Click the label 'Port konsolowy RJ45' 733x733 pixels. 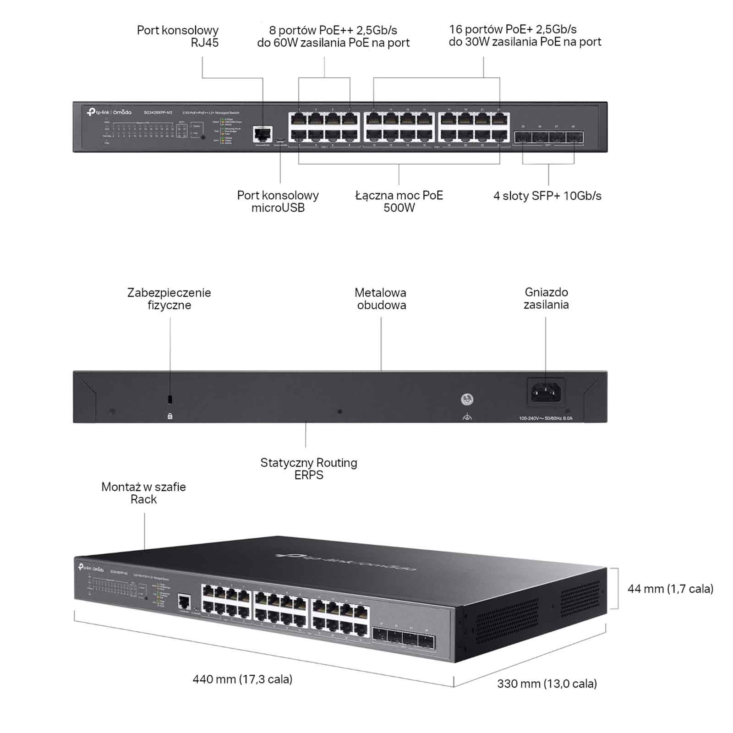[178, 37]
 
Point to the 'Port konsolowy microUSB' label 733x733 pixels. [278, 202]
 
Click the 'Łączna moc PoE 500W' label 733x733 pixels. [399, 202]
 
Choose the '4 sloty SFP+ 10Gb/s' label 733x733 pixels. [547, 196]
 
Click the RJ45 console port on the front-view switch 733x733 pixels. [263, 134]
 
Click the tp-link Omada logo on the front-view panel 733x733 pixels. [109, 112]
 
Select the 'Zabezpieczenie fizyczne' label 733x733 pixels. [169, 299]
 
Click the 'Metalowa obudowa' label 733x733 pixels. [381, 299]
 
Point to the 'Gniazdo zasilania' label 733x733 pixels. [546, 298]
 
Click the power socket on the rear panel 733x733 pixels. [546, 392]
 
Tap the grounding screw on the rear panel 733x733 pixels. [467, 399]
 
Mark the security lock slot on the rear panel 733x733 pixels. [170, 399]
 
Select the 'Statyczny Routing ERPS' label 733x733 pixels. [309, 469]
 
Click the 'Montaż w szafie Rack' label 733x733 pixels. [143, 493]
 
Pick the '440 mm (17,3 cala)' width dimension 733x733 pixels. [242, 679]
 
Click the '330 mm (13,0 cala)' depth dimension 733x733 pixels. [547, 684]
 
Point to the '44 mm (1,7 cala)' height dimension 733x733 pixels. [670, 589]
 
